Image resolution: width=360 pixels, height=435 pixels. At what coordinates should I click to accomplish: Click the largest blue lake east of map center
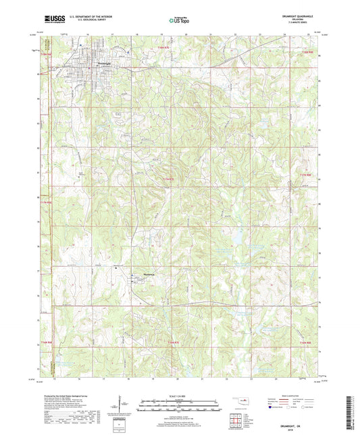coord(238,237)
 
